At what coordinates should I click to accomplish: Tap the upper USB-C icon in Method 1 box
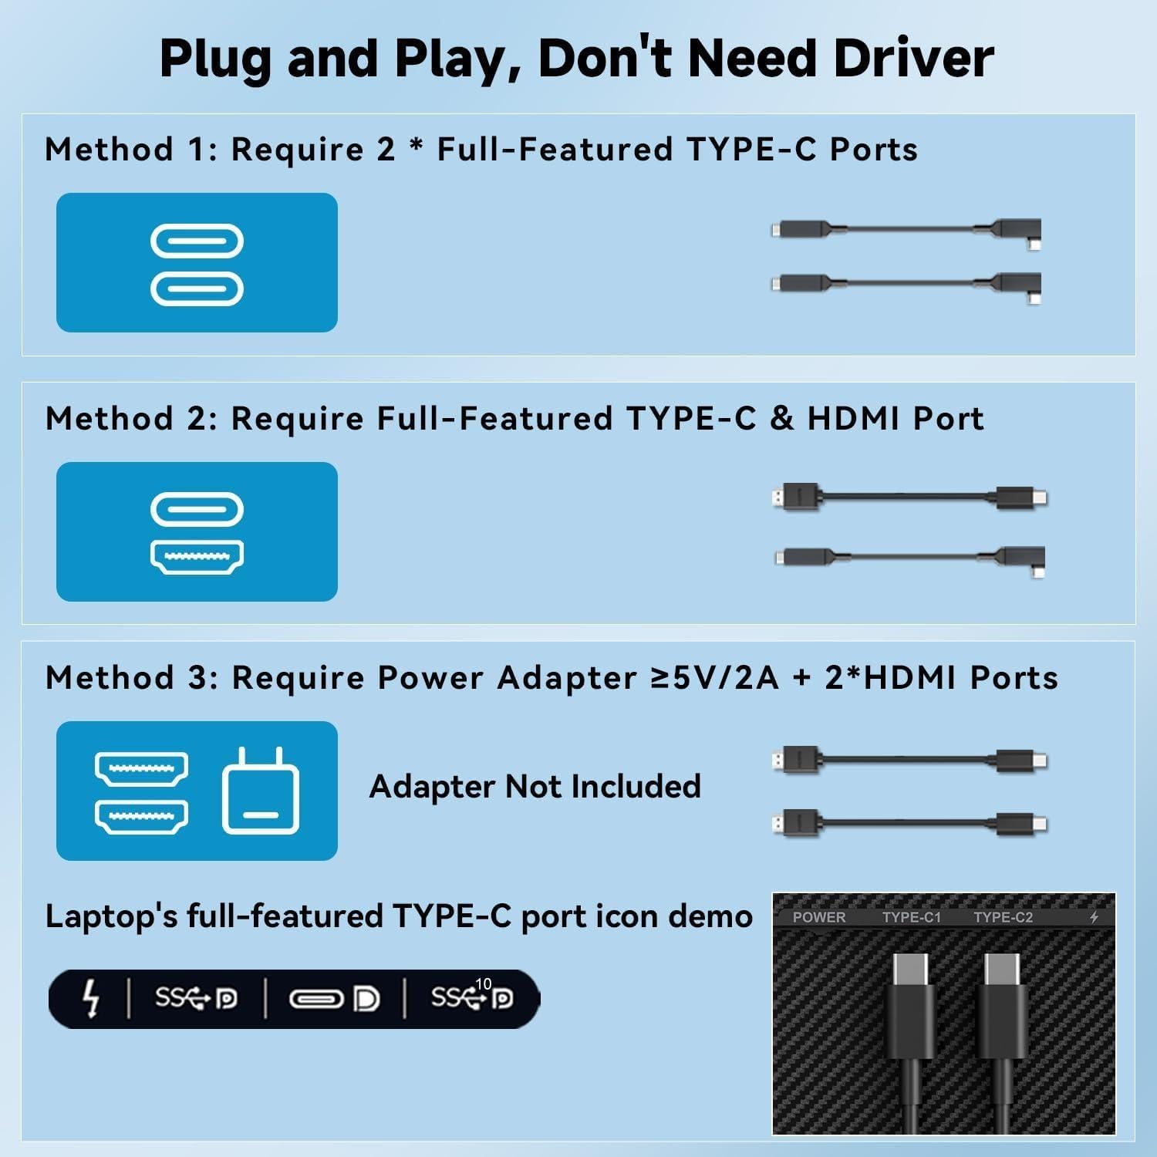(x=197, y=241)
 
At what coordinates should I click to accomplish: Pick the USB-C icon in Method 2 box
(x=197, y=509)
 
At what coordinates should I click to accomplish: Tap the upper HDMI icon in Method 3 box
(x=141, y=769)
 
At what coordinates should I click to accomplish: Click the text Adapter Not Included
(x=535, y=787)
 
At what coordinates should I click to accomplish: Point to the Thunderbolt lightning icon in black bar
(x=91, y=999)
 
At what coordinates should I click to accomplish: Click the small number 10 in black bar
(x=484, y=984)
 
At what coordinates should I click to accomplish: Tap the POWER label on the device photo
(x=818, y=917)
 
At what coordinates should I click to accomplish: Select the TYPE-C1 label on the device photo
(x=911, y=917)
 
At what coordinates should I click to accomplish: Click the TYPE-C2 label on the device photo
(x=1003, y=917)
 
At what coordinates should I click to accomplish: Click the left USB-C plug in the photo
(x=910, y=1003)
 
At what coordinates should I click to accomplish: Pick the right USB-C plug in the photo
(x=1002, y=1003)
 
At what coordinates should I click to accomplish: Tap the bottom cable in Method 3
(x=910, y=823)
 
